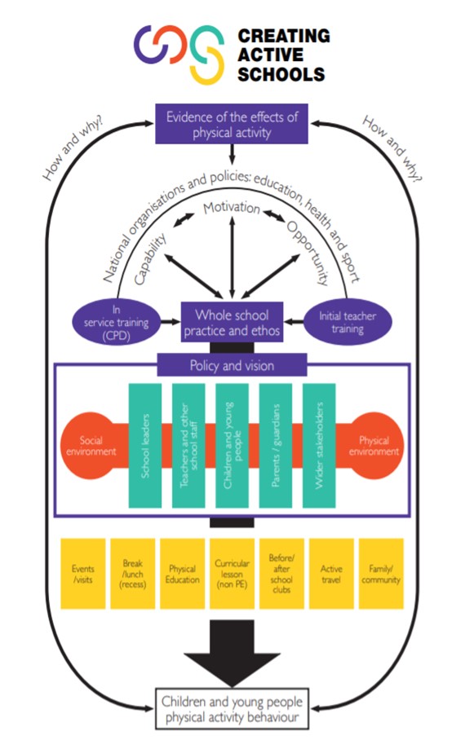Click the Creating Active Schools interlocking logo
(x=179, y=54)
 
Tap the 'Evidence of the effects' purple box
(x=232, y=124)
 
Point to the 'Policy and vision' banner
(x=232, y=365)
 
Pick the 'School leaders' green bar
(x=145, y=445)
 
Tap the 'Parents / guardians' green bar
(x=276, y=445)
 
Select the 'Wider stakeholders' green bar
(x=319, y=445)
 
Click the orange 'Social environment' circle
(x=91, y=445)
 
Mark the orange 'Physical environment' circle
(x=374, y=445)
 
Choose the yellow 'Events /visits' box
(x=83, y=574)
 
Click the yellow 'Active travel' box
(x=331, y=574)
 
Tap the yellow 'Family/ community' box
(x=381, y=574)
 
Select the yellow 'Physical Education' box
(x=182, y=574)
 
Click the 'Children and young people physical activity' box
(x=232, y=709)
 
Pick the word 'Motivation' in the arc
(x=232, y=208)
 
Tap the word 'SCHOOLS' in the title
(x=281, y=74)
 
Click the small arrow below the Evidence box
(x=232, y=154)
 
